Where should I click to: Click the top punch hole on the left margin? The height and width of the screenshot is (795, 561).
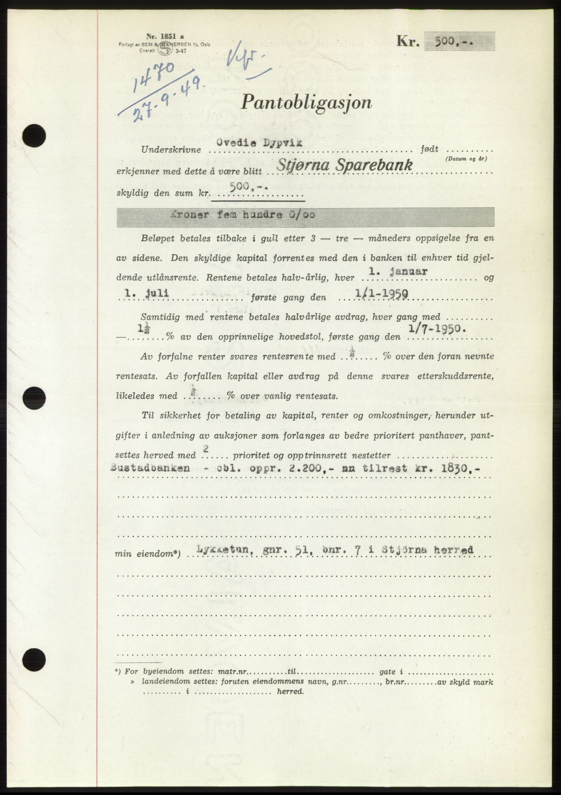(34, 136)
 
